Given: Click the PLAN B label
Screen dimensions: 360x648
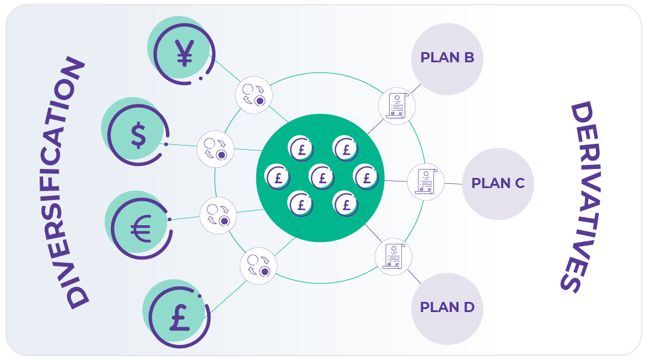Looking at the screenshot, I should point(447,58).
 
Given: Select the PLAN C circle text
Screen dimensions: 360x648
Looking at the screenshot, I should point(498,183).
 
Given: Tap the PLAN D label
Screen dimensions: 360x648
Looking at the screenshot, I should point(447,308).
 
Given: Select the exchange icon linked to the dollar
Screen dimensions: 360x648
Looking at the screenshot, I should point(215,149).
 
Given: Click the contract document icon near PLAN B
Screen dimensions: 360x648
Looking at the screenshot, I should point(397,105).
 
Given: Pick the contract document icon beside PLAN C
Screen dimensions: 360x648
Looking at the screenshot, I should point(426,181).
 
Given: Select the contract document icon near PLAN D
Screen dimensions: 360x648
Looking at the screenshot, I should point(393,257).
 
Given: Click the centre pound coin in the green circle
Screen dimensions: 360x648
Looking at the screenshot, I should point(323,177).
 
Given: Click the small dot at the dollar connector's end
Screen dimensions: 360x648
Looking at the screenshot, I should point(165,144).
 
